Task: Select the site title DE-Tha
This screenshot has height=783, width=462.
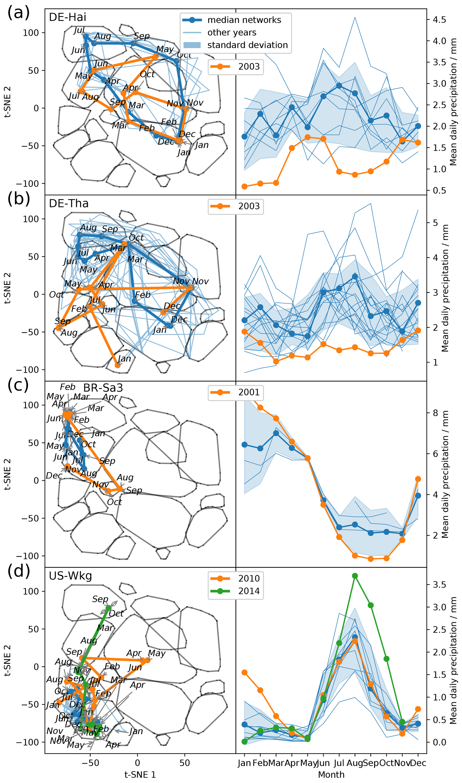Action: pyautogui.click(x=68, y=203)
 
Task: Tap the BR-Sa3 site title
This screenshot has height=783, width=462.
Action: pyautogui.click(x=103, y=388)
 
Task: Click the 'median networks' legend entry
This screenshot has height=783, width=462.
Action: pyautogui.click(x=244, y=20)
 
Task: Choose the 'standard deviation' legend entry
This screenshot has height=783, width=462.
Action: pyautogui.click(x=247, y=45)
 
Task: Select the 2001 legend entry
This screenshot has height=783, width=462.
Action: pyautogui.click(x=249, y=392)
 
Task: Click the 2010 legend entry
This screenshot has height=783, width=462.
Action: pyautogui.click(x=249, y=578)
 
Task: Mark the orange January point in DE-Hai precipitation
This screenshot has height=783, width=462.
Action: pyautogui.click(x=244, y=187)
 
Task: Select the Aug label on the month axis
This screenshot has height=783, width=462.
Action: pyautogui.click(x=354, y=763)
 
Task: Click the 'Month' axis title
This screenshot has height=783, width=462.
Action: pyautogui.click(x=331, y=774)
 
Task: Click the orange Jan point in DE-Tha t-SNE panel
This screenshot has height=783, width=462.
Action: pyautogui.click(x=117, y=365)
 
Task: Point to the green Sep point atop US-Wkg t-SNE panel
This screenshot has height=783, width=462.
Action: pyautogui.click(x=108, y=608)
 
